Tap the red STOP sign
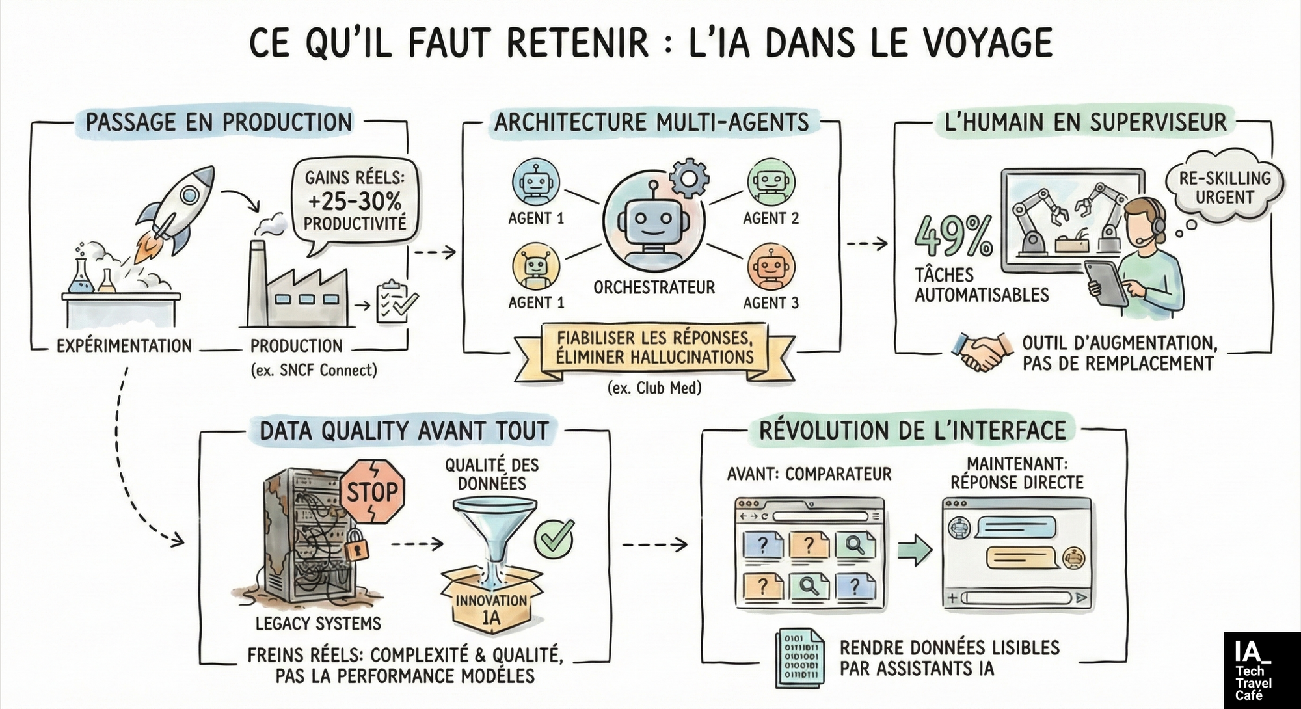click(x=371, y=492)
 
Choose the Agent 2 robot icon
click(x=771, y=181)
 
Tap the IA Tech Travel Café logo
click(x=1261, y=670)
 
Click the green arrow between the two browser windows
click(x=914, y=550)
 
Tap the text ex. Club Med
click(x=654, y=388)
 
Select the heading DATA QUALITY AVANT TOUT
click(x=404, y=431)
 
